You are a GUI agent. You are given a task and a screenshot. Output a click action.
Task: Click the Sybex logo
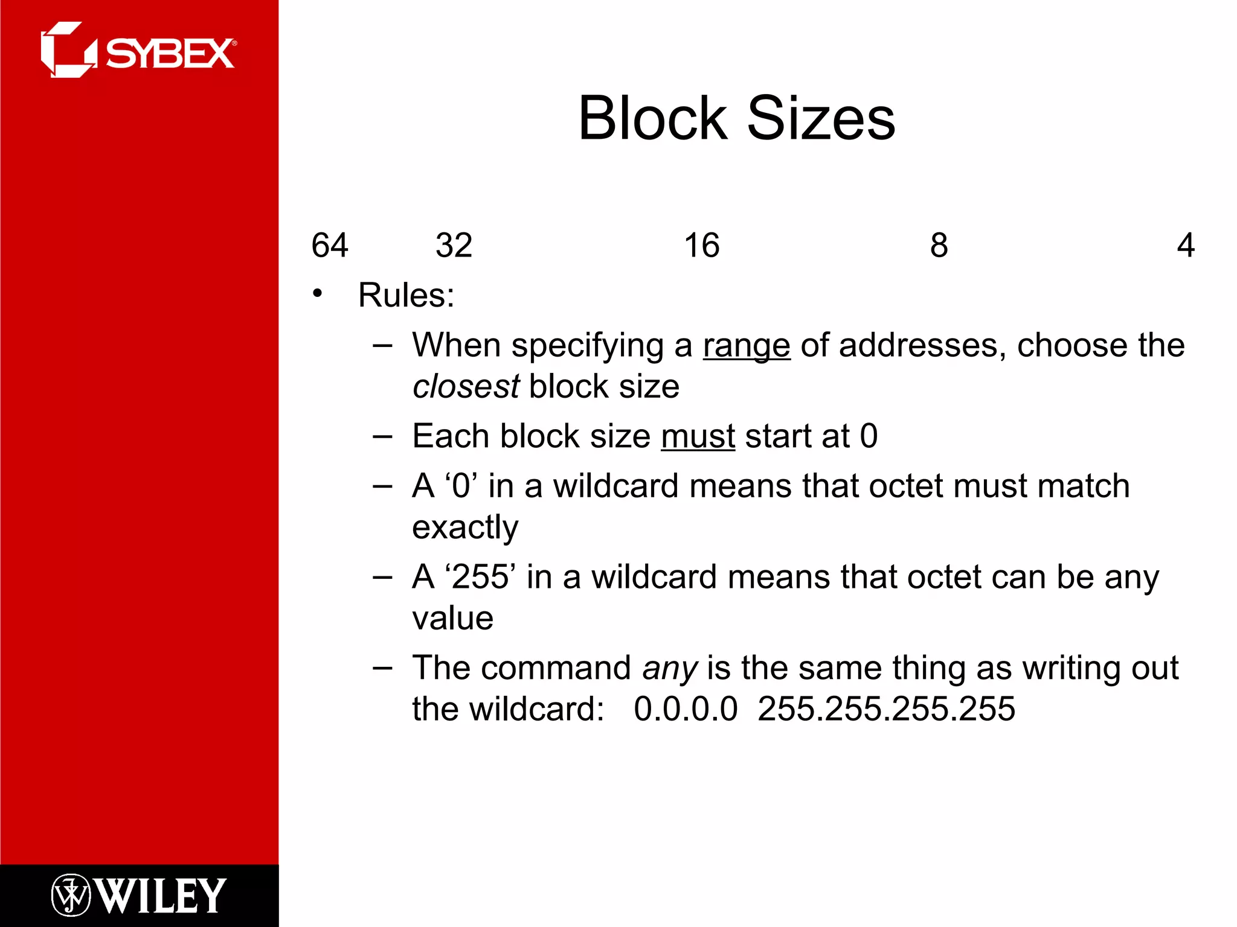click(138, 51)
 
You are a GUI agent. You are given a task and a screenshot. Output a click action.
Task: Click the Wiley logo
click(138, 895)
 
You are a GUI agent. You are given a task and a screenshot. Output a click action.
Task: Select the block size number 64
click(330, 246)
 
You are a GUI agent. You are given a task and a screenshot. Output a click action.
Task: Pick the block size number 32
click(454, 246)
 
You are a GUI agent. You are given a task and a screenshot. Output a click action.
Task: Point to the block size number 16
click(701, 246)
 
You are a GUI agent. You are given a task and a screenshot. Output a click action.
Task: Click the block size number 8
click(939, 246)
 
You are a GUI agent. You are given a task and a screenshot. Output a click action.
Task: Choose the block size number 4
click(1186, 246)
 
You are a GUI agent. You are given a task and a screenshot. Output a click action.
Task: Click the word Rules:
click(406, 295)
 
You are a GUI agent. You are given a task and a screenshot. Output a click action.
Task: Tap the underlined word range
click(747, 346)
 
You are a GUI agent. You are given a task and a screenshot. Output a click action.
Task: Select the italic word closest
click(466, 386)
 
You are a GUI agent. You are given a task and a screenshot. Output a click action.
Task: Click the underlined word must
click(698, 436)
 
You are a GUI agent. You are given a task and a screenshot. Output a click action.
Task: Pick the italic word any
click(670, 669)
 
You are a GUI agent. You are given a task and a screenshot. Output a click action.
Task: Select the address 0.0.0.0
click(686, 709)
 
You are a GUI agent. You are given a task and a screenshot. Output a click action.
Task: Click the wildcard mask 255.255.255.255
click(886, 709)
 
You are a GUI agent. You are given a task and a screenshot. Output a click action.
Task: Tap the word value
click(453, 618)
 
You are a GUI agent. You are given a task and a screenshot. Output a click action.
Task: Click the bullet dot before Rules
click(318, 294)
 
